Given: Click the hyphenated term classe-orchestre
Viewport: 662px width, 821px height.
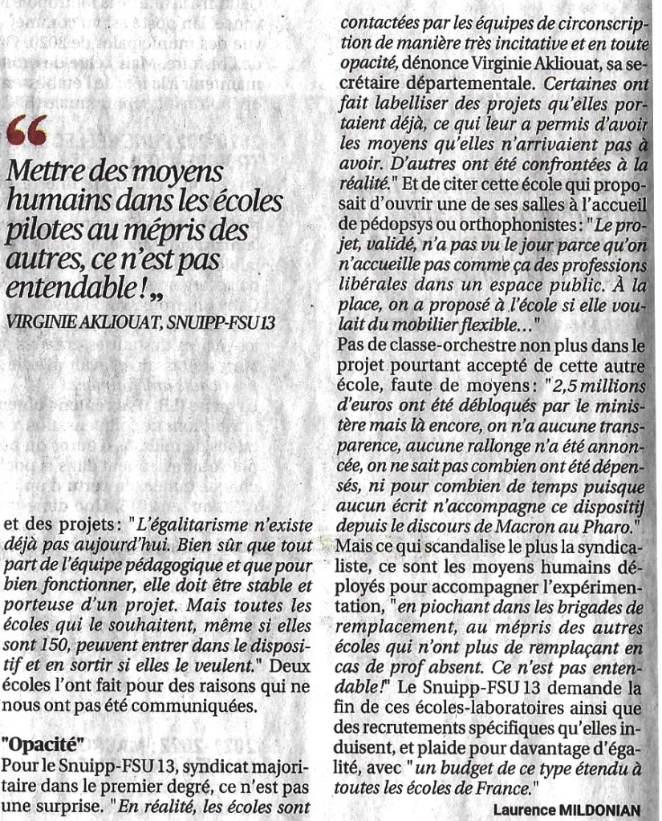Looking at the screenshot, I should pos(454,346).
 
